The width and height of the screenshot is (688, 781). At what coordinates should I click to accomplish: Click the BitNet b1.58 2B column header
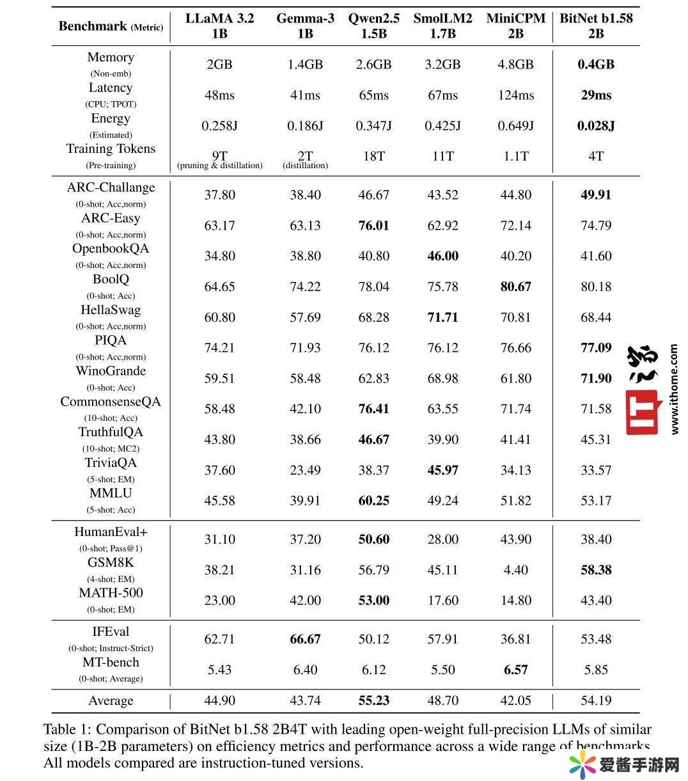click(596, 26)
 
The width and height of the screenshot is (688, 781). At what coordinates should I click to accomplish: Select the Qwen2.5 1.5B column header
click(373, 26)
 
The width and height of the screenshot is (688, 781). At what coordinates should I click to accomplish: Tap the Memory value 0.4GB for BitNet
click(596, 64)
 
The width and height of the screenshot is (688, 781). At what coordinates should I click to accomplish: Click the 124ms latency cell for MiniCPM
click(515, 95)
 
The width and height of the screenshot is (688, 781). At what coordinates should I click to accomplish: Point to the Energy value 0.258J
click(219, 125)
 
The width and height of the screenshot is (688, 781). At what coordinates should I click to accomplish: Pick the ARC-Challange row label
click(111, 188)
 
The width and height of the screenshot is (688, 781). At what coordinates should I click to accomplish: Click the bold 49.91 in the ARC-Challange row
click(596, 194)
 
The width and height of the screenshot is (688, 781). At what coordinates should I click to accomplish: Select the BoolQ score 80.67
click(515, 287)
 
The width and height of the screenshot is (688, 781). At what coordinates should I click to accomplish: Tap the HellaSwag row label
click(111, 310)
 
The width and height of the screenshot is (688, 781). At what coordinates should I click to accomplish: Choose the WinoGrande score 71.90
click(596, 378)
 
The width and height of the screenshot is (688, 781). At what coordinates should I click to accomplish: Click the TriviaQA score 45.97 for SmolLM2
click(442, 470)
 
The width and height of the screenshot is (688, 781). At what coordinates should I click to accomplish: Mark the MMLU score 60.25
click(373, 501)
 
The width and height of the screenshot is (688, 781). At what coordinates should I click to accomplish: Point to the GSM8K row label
click(111, 563)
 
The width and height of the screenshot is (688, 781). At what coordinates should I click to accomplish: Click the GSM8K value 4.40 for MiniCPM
click(515, 570)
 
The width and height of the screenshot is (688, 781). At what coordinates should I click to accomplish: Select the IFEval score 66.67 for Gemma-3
click(305, 639)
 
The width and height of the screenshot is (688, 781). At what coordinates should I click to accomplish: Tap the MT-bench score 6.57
click(515, 670)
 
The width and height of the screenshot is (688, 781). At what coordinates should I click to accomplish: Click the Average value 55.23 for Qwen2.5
click(373, 700)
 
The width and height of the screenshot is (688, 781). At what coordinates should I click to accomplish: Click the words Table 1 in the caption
click(66, 729)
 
